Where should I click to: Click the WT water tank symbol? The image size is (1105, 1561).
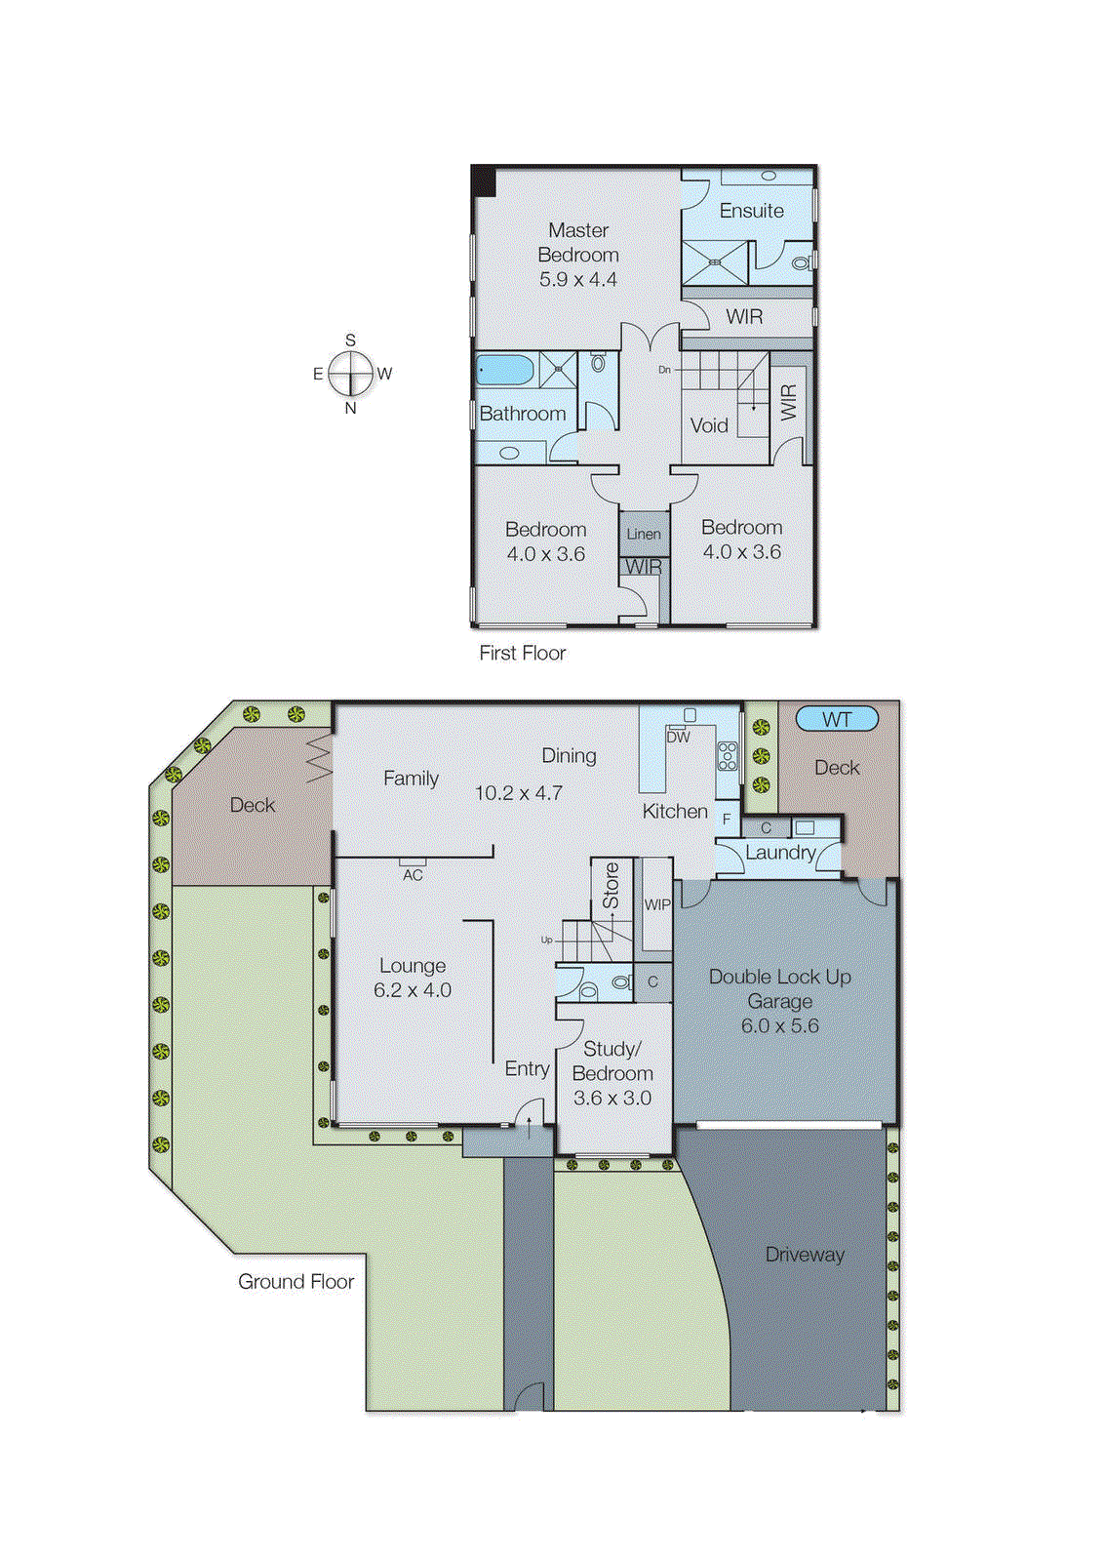click(x=837, y=719)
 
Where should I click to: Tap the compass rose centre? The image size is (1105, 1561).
click(x=350, y=373)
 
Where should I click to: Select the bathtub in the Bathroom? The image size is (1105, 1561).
click(x=505, y=371)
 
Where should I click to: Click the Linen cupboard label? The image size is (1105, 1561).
click(x=644, y=534)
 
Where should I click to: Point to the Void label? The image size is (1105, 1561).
click(x=709, y=425)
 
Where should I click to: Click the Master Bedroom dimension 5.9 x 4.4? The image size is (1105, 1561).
click(x=578, y=279)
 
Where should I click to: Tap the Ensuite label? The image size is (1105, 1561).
click(x=751, y=211)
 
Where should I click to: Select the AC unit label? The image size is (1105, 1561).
click(x=413, y=875)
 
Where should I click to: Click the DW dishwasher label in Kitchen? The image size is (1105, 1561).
click(x=678, y=738)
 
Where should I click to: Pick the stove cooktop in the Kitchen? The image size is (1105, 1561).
click(x=728, y=756)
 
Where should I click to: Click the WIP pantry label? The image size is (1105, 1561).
click(x=657, y=904)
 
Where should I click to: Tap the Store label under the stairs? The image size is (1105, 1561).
click(x=612, y=886)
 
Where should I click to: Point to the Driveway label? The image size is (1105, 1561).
click(x=805, y=1255)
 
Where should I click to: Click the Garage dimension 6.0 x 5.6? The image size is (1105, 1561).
click(x=779, y=1025)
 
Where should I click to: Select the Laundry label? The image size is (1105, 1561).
click(x=780, y=853)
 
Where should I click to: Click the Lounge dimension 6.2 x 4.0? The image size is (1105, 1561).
click(x=413, y=990)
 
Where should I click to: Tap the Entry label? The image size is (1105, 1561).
click(x=527, y=1068)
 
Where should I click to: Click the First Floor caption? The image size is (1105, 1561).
click(x=522, y=653)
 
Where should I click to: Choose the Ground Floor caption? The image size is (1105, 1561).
click(x=296, y=1281)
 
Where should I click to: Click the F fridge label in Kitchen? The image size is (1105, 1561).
click(x=726, y=820)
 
